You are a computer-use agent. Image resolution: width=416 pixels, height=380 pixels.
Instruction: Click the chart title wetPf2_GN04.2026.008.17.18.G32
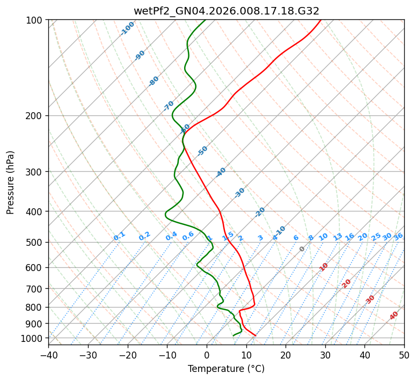point(226,11)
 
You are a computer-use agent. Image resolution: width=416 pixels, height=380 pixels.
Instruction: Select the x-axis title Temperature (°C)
point(226,369)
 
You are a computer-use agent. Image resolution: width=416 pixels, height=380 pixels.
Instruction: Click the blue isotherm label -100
point(127,28)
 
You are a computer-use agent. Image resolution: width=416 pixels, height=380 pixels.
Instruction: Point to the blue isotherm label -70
point(169,106)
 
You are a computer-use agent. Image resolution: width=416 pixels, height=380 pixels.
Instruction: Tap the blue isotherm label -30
point(239,193)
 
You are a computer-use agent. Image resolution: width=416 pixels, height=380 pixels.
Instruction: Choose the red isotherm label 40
point(394,316)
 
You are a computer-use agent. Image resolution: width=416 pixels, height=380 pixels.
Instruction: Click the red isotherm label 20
point(347,283)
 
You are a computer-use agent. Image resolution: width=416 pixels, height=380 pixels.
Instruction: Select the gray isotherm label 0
point(302,249)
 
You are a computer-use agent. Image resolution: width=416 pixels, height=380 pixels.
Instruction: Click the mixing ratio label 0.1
point(119,236)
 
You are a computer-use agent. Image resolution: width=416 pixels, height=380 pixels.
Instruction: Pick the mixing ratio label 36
point(398,236)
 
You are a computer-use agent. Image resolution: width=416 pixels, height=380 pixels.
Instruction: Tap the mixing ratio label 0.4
point(171,236)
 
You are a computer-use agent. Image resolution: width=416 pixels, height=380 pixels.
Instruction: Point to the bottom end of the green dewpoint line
point(233,336)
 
